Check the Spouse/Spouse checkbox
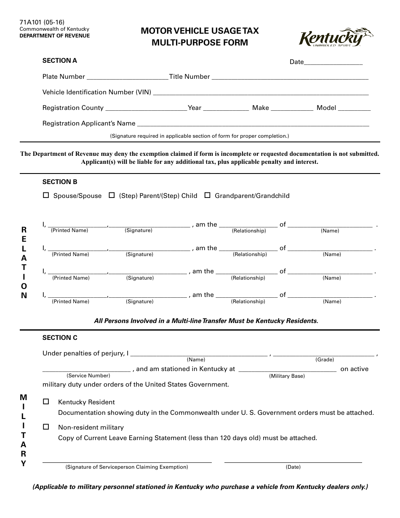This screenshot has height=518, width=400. tap(46, 195)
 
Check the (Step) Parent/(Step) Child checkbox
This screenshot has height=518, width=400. tap(112, 195)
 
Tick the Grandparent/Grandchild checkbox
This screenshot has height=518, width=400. tap(208, 195)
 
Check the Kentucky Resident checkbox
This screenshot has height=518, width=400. tap(46, 402)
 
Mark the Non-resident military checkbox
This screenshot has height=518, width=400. tap(46, 427)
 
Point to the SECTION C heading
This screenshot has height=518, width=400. tap(60, 338)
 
